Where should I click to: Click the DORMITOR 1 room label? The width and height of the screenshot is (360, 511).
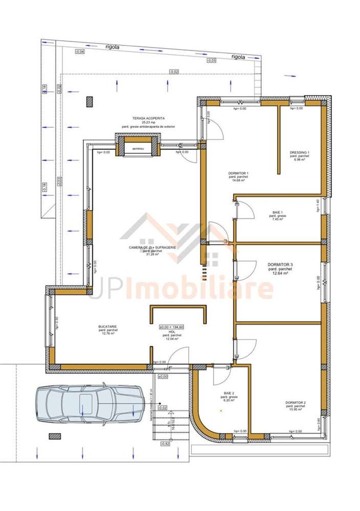238,174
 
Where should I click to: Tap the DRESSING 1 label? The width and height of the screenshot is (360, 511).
299,153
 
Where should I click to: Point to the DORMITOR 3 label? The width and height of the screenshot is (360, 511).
280,265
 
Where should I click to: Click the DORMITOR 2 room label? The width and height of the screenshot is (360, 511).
296,403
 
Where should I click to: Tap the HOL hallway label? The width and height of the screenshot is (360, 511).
172,332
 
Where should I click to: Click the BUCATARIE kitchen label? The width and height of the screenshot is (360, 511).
108,326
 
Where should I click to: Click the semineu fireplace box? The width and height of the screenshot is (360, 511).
138,149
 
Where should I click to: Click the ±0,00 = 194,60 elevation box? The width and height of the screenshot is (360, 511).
172,327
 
